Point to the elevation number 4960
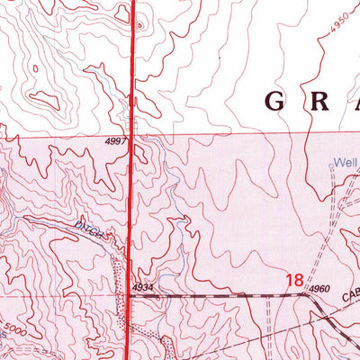click(x=318, y=289)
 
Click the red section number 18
click(x=293, y=281)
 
